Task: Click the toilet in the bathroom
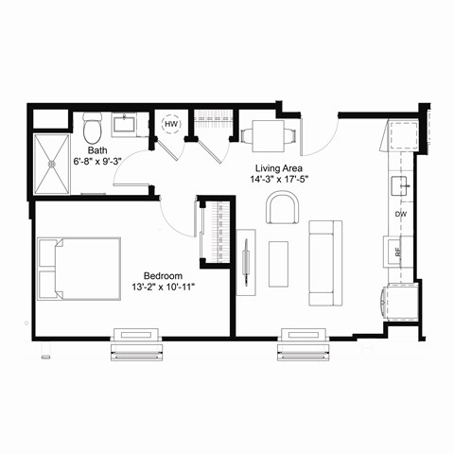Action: click(x=93, y=127)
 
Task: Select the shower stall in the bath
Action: click(x=53, y=165)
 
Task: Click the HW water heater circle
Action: click(x=171, y=124)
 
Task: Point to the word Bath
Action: click(x=96, y=150)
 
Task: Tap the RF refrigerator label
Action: click(x=398, y=252)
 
